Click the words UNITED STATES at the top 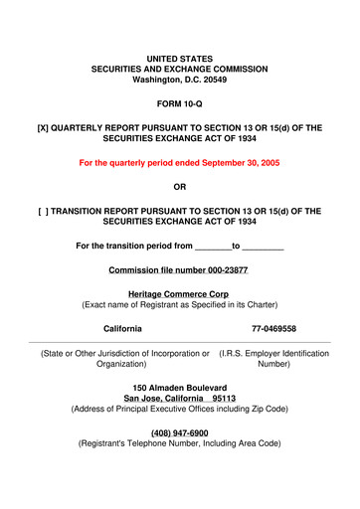click(179, 61)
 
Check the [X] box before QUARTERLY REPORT click(43, 144)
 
